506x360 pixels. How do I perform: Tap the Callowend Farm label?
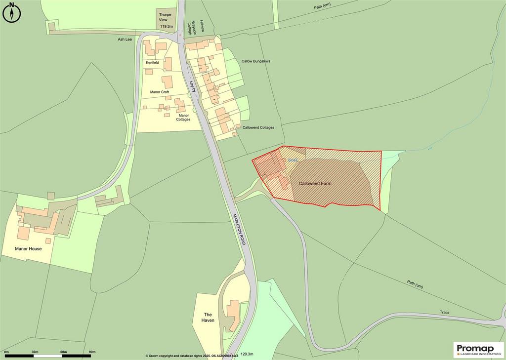point(315,184)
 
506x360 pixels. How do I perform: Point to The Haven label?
point(208,317)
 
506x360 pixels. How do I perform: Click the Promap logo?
point(478,349)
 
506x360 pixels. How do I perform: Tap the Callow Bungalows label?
point(256,61)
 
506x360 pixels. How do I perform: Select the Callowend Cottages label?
point(258,127)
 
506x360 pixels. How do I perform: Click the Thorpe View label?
point(165,18)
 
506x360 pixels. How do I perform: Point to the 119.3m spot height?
point(166,27)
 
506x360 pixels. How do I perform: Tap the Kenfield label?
point(153,63)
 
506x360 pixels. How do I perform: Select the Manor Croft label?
point(160,92)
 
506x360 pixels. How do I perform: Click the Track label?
point(445,312)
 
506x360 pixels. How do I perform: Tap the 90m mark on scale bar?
point(92,352)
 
